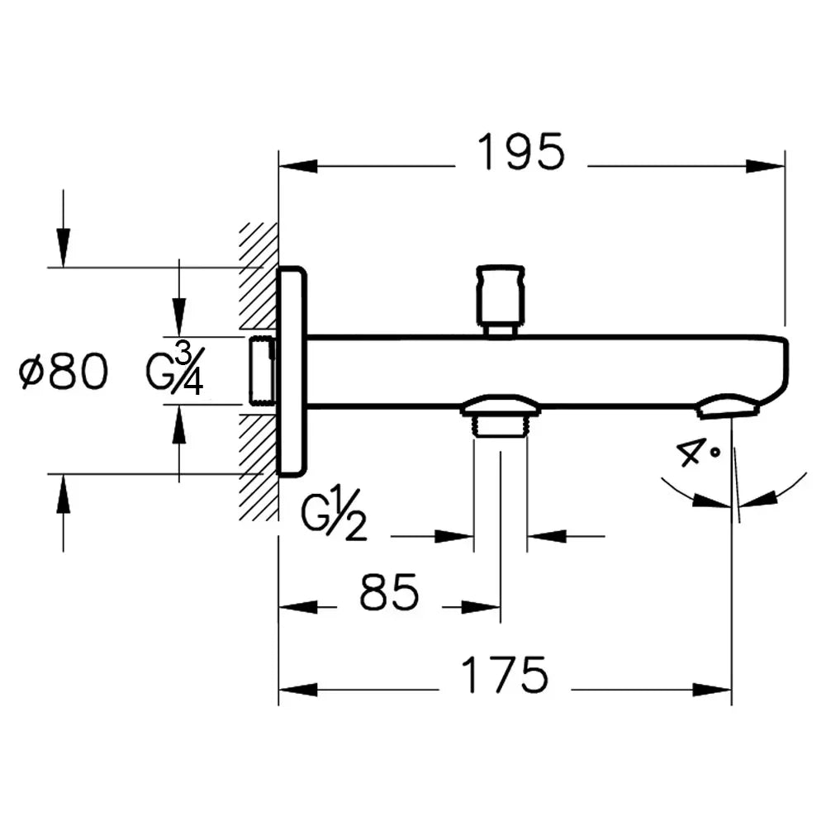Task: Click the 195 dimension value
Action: coord(521,153)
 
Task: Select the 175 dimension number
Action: coord(504,676)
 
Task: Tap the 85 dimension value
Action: coord(390,593)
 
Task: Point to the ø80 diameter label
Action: coord(64,373)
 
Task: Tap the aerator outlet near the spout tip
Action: coord(728,407)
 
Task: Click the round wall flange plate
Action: coord(292,372)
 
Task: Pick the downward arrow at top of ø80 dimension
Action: coord(63,244)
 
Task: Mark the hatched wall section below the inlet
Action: coord(259,467)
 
